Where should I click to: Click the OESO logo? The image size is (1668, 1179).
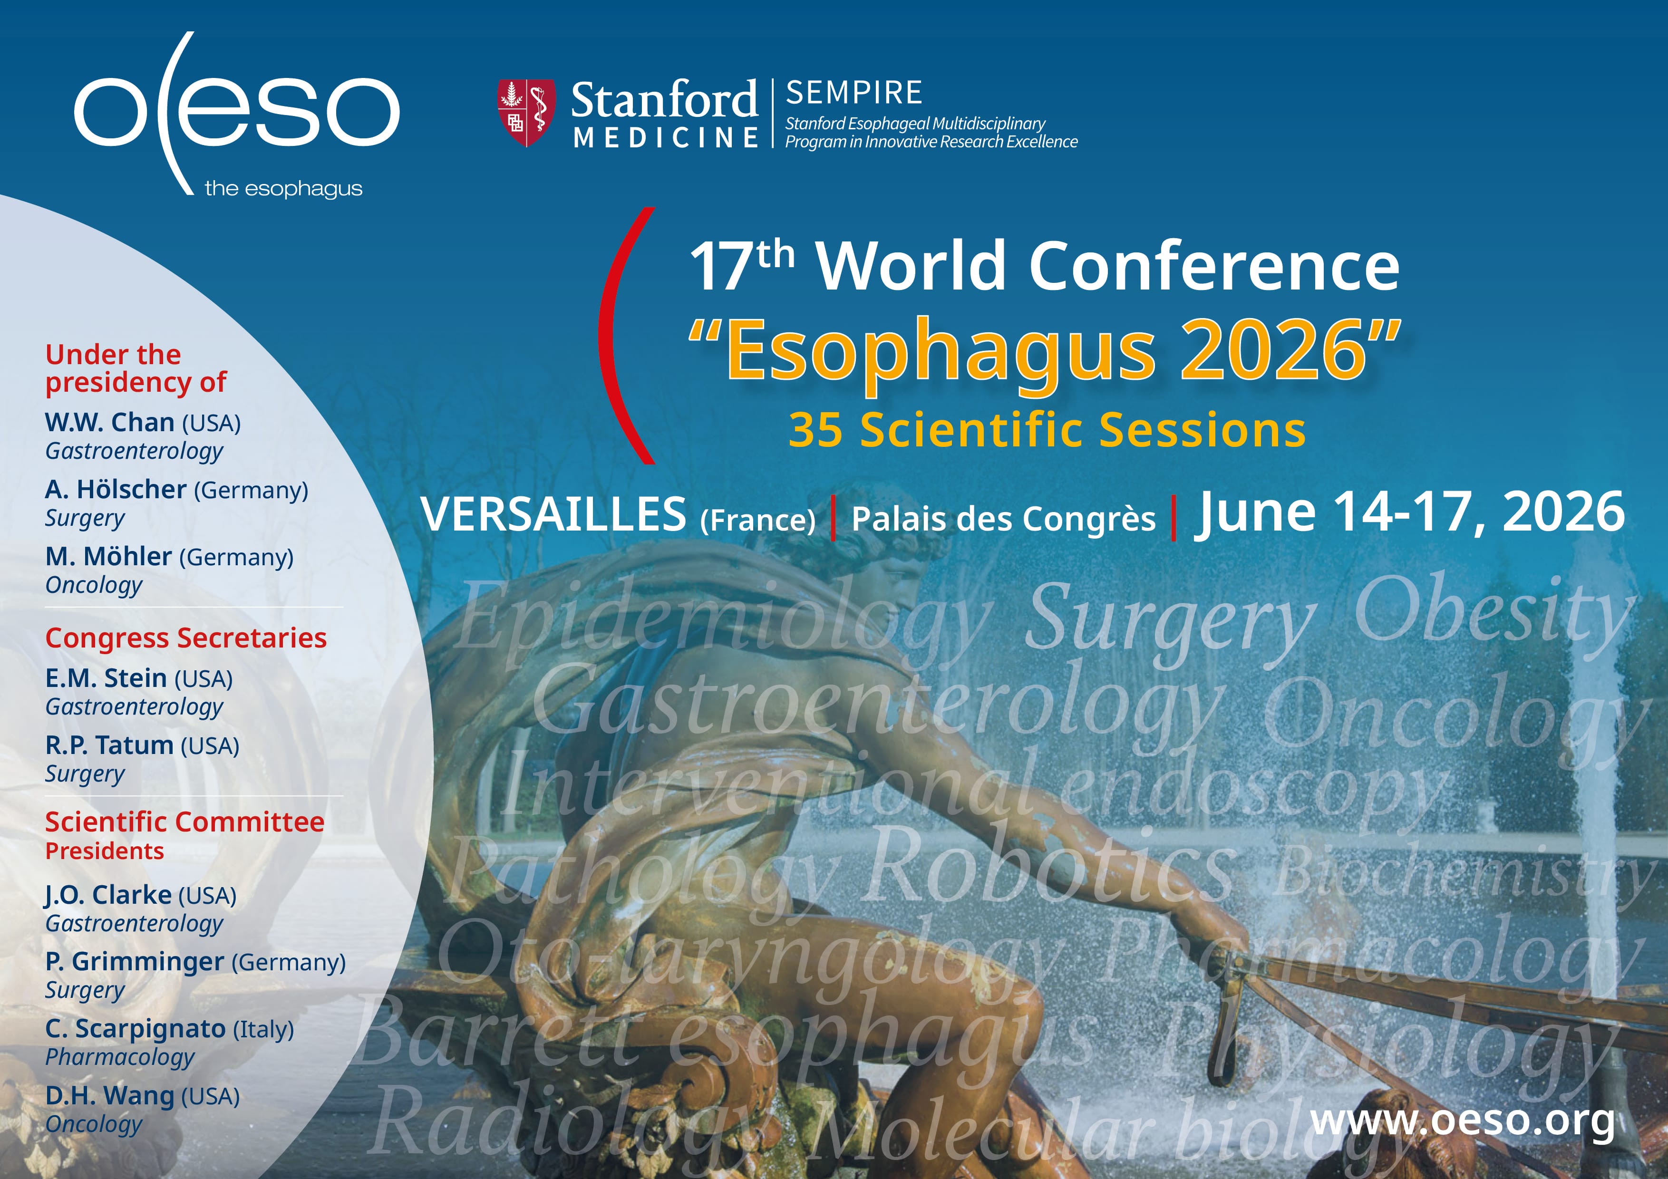(x=236, y=114)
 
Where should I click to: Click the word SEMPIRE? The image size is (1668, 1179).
(x=853, y=93)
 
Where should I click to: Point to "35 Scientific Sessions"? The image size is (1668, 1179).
(x=1047, y=429)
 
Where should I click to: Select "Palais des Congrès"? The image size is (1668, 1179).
(x=1003, y=519)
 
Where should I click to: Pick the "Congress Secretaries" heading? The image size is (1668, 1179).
(x=186, y=638)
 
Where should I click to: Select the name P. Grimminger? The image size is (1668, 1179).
(x=135, y=961)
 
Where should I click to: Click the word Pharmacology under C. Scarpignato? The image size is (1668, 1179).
(x=120, y=1058)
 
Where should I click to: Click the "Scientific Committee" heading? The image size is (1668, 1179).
(x=184, y=821)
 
